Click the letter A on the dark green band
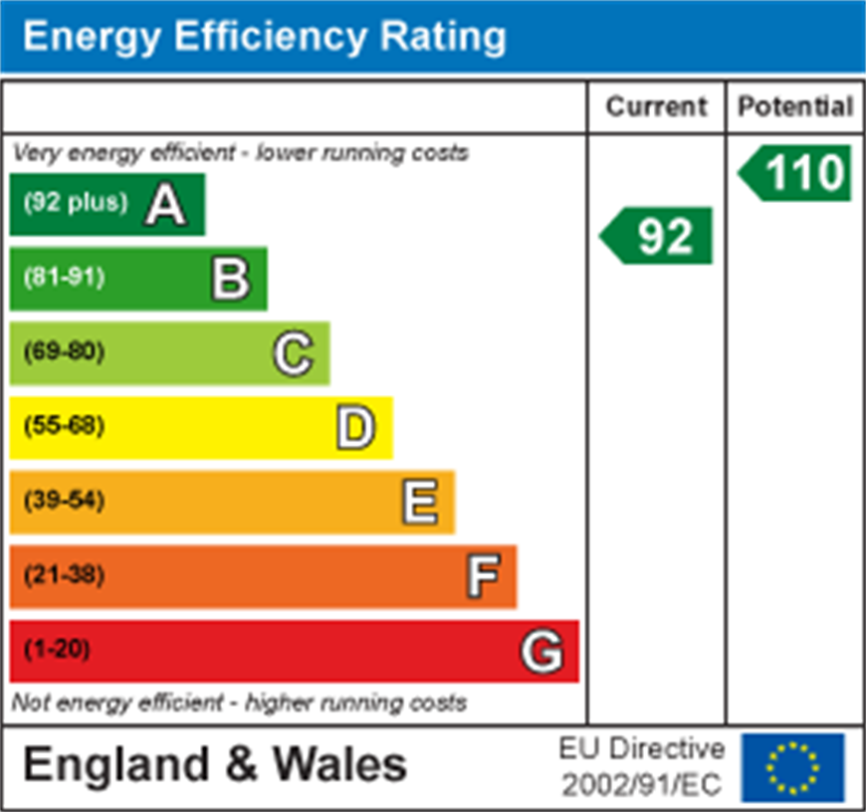tap(166, 205)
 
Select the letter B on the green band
tap(230, 279)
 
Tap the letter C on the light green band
tap(294, 353)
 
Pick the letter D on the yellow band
tap(355, 428)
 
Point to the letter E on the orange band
tap(419, 502)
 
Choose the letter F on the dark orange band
tap(483, 576)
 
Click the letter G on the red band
tap(542, 652)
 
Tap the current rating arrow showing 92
tap(658, 236)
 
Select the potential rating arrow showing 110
tap(796, 173)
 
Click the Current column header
tap(656, 106)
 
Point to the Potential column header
tap(795, 106)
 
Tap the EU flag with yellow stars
tap(792, 768)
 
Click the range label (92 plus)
tap(76, 203)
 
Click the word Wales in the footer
tap(339, 765)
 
